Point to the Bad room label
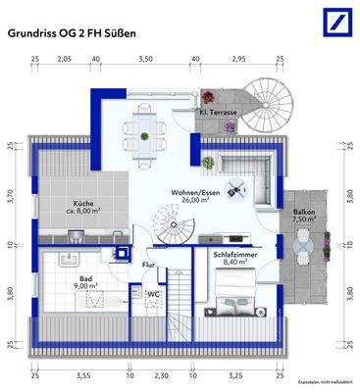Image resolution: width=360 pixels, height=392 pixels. pos(86,278)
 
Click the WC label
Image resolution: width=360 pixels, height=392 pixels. pos(154,293)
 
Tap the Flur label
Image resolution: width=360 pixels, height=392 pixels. pos(150,265)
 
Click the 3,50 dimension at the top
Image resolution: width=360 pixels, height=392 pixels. pos(145,60)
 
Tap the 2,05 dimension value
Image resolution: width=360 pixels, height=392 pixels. pos(66,60)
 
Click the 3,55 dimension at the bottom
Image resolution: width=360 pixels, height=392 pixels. pos(82,374)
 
